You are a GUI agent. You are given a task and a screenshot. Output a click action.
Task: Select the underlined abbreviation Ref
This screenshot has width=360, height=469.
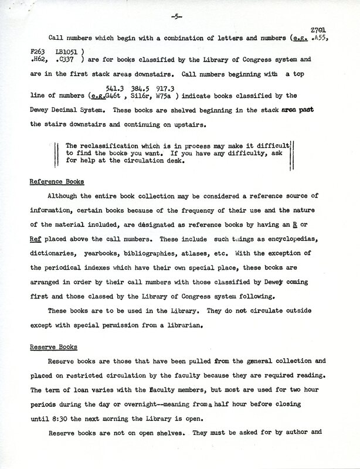36,239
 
